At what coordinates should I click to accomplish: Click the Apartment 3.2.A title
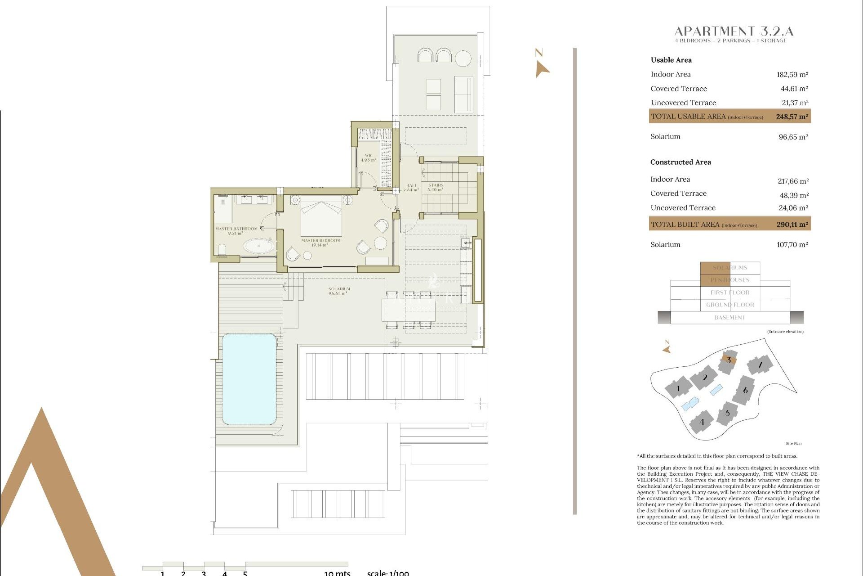point(734,31)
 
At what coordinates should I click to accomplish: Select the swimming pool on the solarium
point(249,379)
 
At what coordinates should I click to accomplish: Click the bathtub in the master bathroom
point(259,246)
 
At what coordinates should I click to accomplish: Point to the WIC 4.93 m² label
point(369,158)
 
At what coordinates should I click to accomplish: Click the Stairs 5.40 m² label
point(436,187)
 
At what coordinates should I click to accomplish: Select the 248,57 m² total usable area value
point(792,117)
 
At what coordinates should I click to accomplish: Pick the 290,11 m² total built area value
point(792,225)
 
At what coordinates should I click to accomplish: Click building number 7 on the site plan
point(760,364)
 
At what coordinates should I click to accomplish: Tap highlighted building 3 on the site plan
point(728,360)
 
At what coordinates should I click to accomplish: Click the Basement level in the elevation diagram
point(730,318)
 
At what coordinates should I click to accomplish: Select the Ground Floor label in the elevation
point(730,305)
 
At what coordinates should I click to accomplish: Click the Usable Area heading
point(671,60)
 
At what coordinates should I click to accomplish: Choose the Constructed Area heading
point(681,162)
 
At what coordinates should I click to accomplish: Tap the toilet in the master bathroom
point(222,250)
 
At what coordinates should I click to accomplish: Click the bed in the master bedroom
point(321,215)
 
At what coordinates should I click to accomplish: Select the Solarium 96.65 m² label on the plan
point(339,291)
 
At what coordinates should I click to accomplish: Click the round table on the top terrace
point(463,58)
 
